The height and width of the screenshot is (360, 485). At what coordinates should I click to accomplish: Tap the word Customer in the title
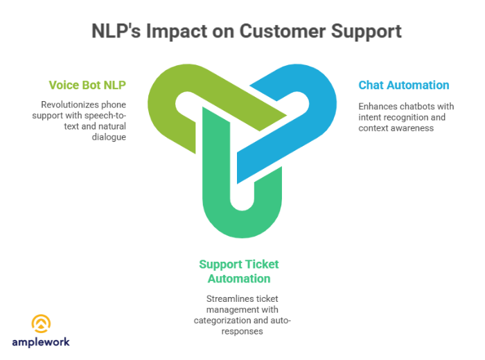click(276, 31)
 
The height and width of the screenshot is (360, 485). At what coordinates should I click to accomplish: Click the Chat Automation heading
click(403, 85)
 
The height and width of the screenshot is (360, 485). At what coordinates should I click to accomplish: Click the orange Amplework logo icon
click(41, 323)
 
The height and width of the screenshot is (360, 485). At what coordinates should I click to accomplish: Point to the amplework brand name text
click(41, 341)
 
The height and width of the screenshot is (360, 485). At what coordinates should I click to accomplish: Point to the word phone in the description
click(117, 105)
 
